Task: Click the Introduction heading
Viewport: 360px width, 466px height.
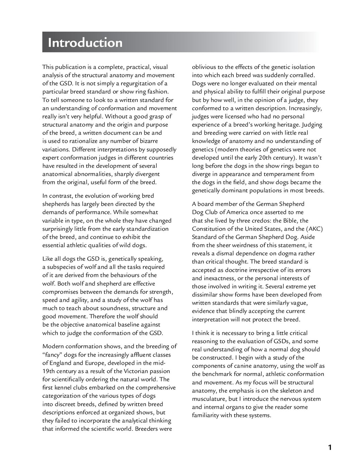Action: [85, 43]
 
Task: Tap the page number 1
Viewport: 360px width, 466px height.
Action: [329, 448]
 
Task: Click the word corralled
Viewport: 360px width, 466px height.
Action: [301, 75]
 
